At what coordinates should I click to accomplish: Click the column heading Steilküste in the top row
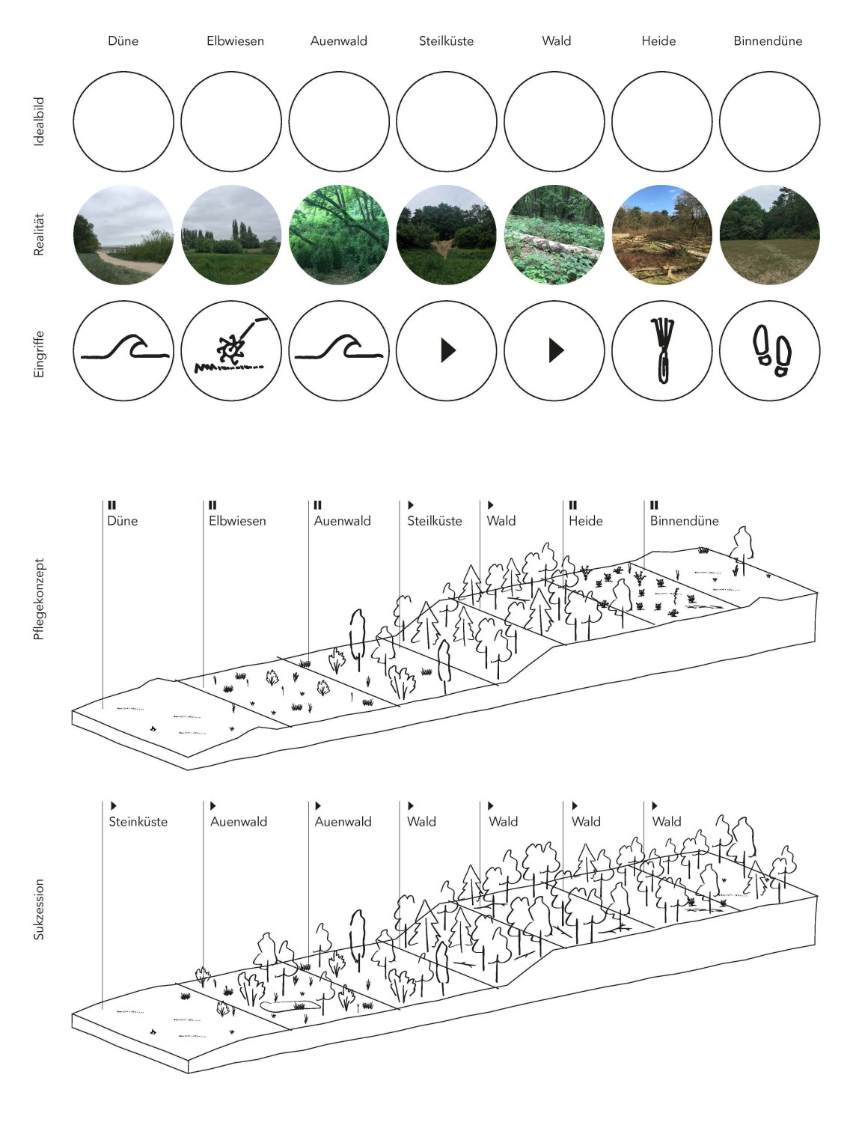pyautogui.click(x=446, y=41)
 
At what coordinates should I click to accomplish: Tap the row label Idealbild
pyautogui.click(x=39, y=121)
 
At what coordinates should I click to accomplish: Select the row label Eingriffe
pyautogui.click(x=39, y=353)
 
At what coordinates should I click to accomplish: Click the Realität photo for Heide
pyautogui.click(x=662, y=235)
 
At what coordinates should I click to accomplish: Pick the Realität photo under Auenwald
pyautogui.click(x=339, y=235)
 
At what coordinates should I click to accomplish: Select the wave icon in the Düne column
pyautogui.click(x=125, y=346)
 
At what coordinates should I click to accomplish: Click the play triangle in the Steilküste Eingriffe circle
pyautogui.click(x=448, y=350)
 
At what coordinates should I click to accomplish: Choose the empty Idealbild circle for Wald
pyautogui.click(x=554, y=121)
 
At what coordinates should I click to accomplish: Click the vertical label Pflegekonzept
pyautogui.click(x=39, y=600)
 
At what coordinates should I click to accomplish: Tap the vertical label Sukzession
pyautogui.click(x=39, y=910)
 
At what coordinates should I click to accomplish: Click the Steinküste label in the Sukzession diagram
pyautogui.click(x=138, y=822)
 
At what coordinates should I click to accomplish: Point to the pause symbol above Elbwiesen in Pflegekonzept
pyautogui.click(x=213, y=505)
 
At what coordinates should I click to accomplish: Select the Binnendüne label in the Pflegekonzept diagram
pyautogui.click(x=684, y=521)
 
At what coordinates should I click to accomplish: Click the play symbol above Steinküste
pyautogui.click(x=114, y=805)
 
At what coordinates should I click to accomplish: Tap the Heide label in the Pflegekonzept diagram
pyautogui.click(x=585, y=521)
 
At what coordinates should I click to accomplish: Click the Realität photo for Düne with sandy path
pyautogui.click(x=123, y=235)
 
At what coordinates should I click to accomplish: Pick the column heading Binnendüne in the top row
pyautogui.click(x=768, y=41)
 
